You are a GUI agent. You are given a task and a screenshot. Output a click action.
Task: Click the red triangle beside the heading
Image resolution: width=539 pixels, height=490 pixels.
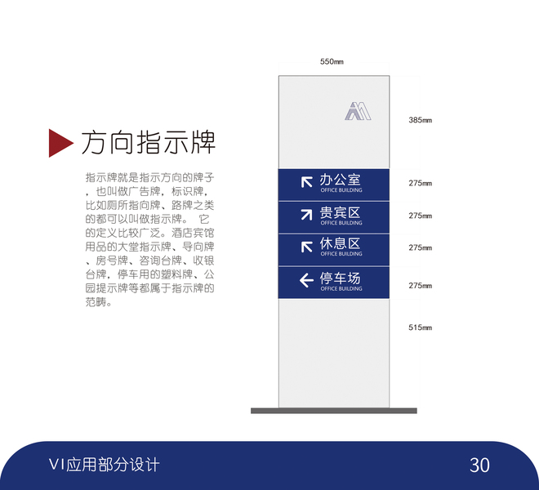pyautogui.click(x=60, y=142)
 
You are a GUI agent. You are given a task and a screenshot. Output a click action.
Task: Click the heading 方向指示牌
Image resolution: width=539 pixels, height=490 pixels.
pyautogui.click(x=148, y=142)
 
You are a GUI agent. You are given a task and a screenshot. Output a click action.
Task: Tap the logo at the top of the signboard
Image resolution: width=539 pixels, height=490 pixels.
pyautogui.click(x=357, y=110)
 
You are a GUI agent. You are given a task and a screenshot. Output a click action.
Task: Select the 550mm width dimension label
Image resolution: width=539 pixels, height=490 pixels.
pyautogui.click(x=332, y=62)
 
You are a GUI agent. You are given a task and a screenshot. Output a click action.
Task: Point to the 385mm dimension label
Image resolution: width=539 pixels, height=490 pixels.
pyautogui.click(x=420, y=120)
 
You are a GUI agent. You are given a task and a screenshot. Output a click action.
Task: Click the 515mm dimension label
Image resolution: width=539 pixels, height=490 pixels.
pyautogui.click(x=420, y=327)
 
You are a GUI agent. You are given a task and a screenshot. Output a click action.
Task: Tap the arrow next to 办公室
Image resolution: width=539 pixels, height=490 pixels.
pyautogui.click(x=306, y=181)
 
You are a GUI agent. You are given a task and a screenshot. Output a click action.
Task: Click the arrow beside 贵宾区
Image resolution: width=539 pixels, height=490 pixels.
pyautogui.click(x=306, y=214)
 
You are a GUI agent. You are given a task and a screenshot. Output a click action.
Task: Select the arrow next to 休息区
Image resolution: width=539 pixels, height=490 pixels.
pyautogui.click(x=306, y=246)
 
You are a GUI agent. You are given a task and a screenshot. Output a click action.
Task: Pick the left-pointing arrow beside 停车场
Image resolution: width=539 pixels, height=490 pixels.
pyautogui.click(x=306, y=281)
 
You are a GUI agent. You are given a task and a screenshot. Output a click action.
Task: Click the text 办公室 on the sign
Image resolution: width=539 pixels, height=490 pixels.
pyautogui.click(x=341, y=179)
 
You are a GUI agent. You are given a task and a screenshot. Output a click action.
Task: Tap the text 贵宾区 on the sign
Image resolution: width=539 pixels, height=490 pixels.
pyautogui.click(x=341, y=212)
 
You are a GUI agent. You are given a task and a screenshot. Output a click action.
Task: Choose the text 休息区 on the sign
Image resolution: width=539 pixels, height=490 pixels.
pyautogui.click(x=341, y=243)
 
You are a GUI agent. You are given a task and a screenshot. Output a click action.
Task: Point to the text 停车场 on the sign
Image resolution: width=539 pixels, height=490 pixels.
pyautogui.click(x=341, y=278)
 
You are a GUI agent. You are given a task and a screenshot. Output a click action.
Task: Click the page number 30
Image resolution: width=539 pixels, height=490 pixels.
pyautogui.click(x=479, y=465)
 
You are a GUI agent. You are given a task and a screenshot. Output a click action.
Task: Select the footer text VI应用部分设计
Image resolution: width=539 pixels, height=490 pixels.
pyautogui.click(x=104, y=465)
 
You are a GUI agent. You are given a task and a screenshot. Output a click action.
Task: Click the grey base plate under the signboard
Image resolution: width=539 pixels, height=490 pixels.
pyautogui.click(x=333, y=411)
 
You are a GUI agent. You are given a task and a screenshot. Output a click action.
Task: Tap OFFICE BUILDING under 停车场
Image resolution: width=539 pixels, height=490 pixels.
pyautogui.click(x=341, y=289)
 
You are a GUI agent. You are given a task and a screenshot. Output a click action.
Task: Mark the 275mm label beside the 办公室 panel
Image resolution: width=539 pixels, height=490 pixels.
pyautogui.click(x=420, y=183)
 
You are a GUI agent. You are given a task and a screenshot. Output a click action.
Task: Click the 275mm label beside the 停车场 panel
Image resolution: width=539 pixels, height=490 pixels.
pyautogui.click(x=420, y=285)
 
